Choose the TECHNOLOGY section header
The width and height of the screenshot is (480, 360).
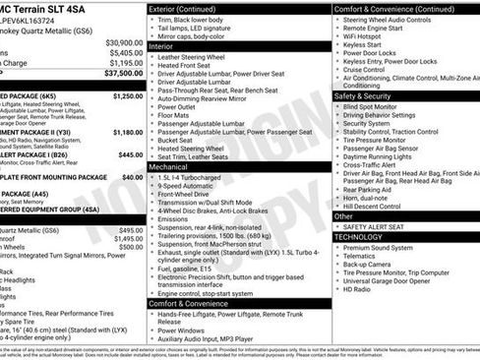(x=359, y=237)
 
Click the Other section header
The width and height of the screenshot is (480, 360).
(x=343, y=215)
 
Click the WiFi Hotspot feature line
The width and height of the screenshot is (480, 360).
(x=367, y=34)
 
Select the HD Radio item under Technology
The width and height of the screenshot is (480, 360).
(x=358, y=289)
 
